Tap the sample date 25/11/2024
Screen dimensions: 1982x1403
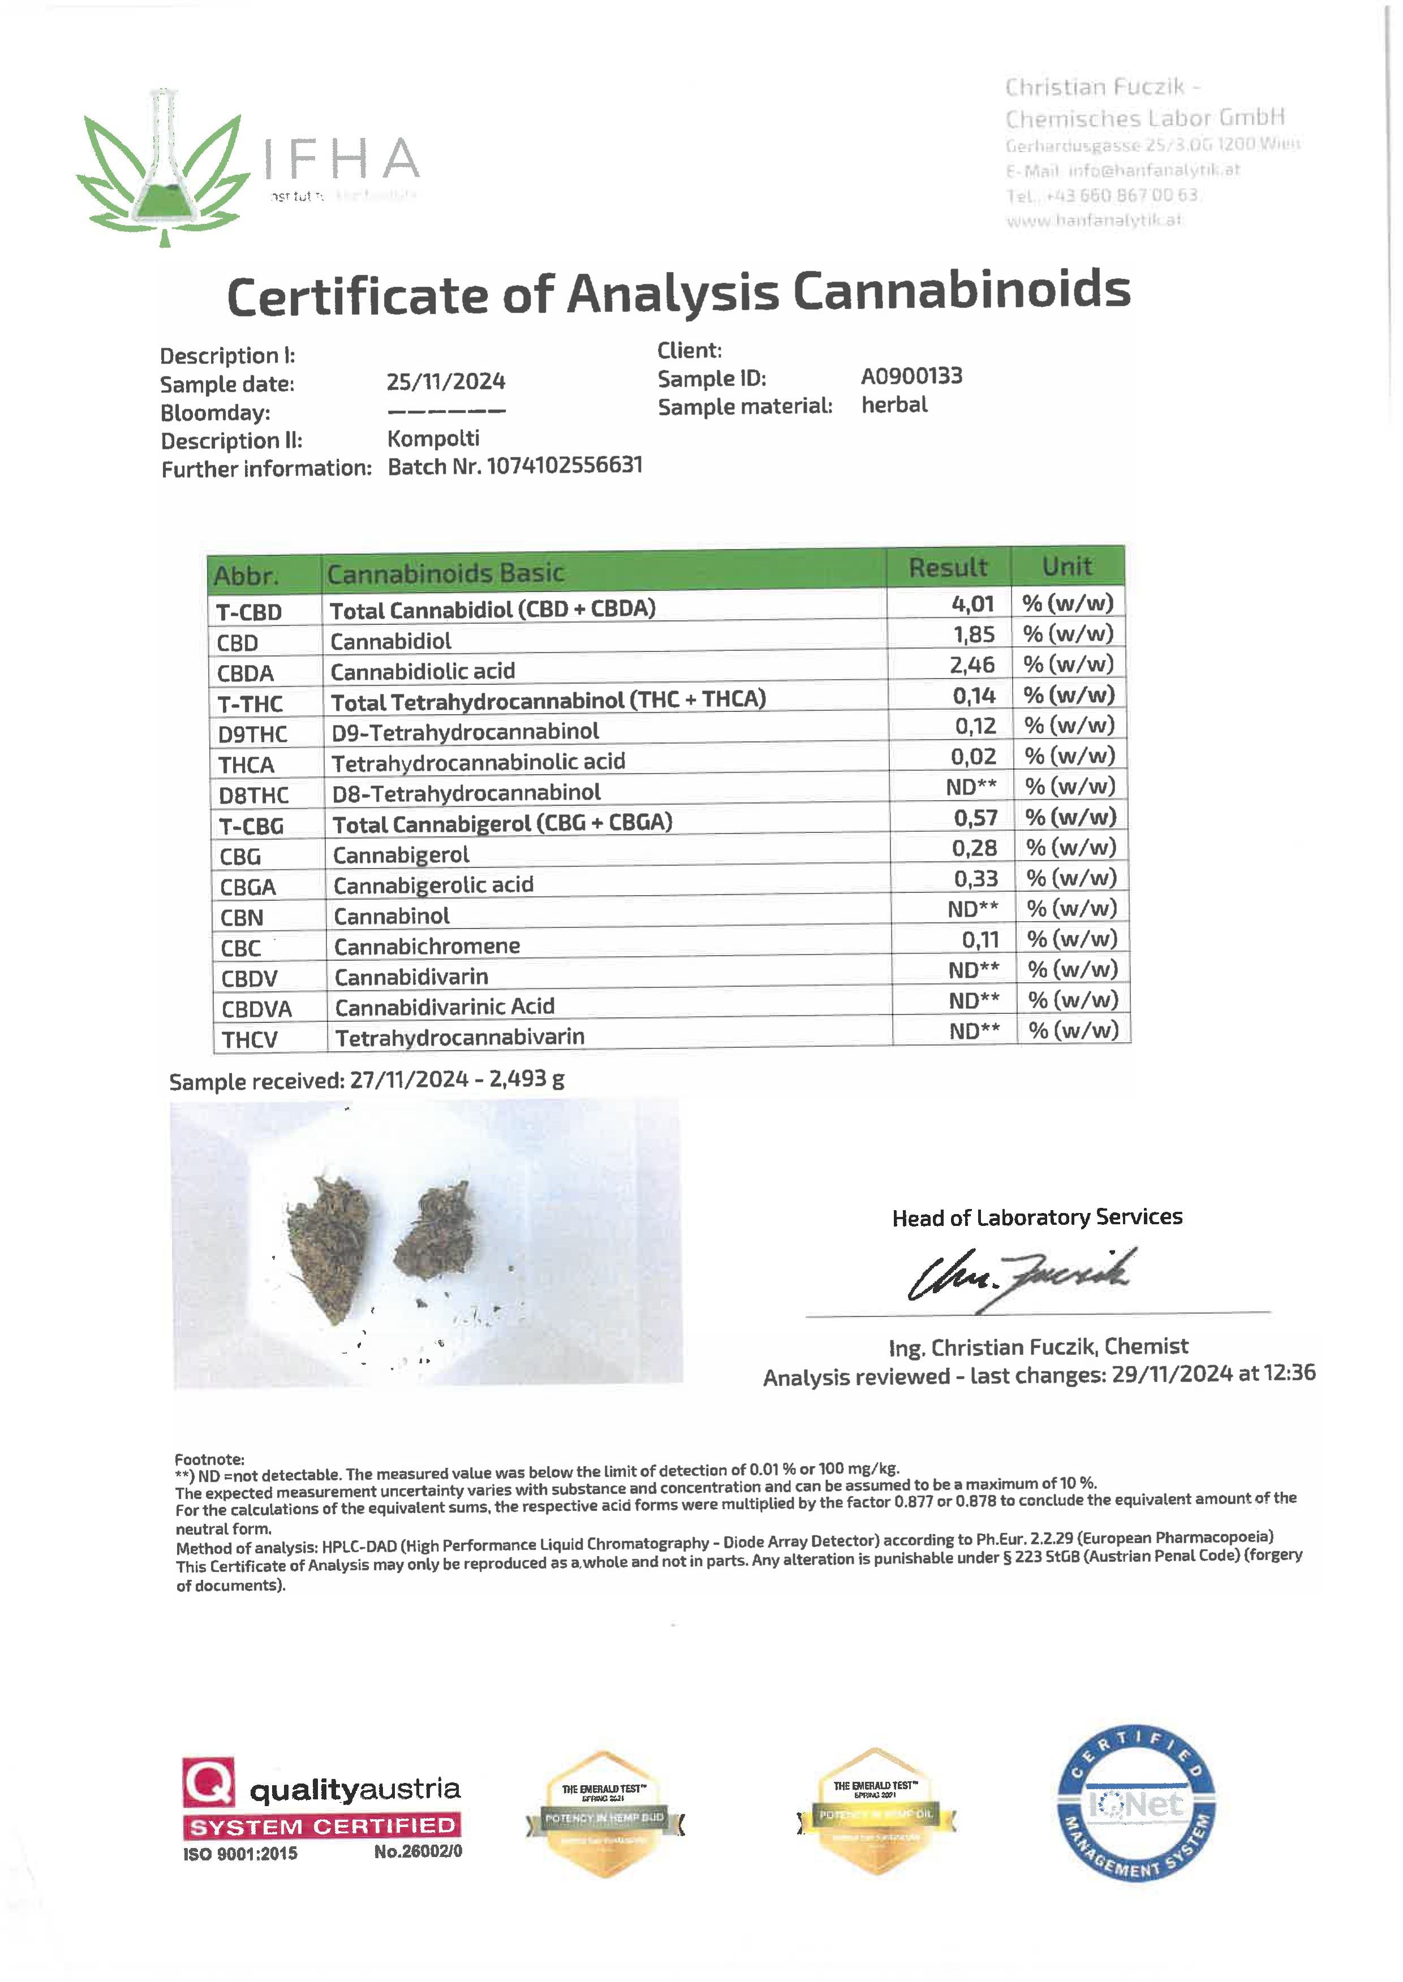446,382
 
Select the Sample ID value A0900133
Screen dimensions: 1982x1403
911,377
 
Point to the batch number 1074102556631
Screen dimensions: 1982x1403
565,465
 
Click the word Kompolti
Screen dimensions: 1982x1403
433,439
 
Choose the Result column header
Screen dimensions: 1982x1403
948,567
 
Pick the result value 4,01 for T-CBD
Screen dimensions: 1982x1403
973,604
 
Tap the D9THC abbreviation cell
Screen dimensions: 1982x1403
252,734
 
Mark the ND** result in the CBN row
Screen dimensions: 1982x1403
973,909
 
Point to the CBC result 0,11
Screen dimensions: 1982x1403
980,940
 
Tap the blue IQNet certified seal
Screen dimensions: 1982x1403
1136,1805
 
